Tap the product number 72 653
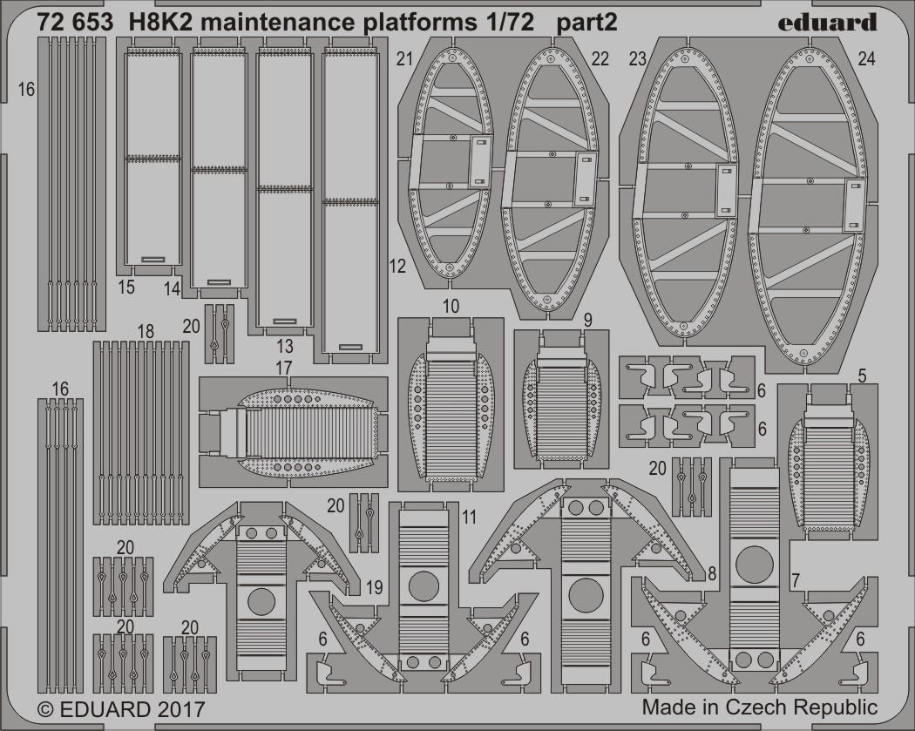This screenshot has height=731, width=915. click(74, 23)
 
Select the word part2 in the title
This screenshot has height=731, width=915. click(587, 24)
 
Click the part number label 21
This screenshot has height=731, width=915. click(404, 59)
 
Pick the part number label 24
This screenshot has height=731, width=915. click(867, 59)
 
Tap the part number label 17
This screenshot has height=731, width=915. click(283, 369)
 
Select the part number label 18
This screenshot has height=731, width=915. click(146, 331)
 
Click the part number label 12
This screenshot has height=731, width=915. click(396, 267)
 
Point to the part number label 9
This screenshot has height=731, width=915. click(587, 320)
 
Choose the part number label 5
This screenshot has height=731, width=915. click(863, 377)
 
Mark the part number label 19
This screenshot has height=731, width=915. click(375, 587)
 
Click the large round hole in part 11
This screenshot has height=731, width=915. click(424, 585)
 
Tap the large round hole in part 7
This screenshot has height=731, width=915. click(755, 564)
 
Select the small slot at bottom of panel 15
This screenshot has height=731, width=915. click(153, 259)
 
